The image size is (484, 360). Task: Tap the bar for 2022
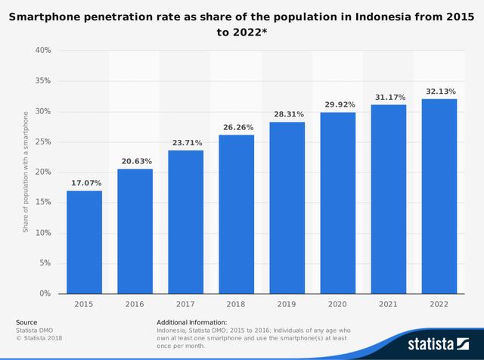coord(439,197)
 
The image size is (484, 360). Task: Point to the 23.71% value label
coord(185,142)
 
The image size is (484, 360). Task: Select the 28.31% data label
coord(287,114)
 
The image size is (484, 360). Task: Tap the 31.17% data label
coord(388,97)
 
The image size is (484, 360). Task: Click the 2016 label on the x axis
coord(135,303)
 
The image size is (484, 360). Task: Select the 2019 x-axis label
coord(287,303)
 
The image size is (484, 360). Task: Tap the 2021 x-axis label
coord(388,303)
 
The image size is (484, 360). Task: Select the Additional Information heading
coord(192,322)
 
